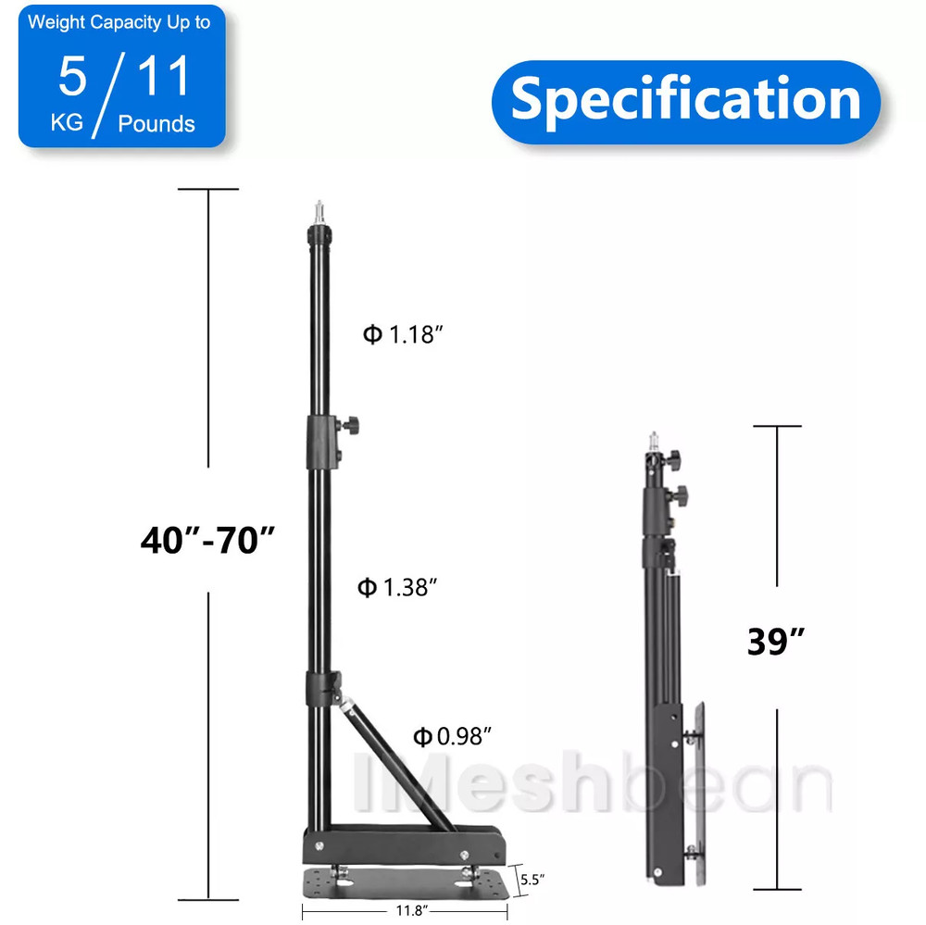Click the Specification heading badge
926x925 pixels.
click(x=685, y=99)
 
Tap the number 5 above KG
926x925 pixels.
click(x=72, y=77)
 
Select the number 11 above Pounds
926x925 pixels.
click(x=164, y=77)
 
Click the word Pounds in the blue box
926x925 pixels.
click(x=156, y=124)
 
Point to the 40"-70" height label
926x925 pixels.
click(x=208, y=539)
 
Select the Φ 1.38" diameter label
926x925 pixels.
click(x=397, y=586)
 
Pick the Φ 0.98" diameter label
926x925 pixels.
click(x=451, y=736)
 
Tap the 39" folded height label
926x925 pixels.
click(x=776, y=641)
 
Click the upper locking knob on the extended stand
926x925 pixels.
click(x=350, y=426)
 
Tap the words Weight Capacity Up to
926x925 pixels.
click(x=119, y=23)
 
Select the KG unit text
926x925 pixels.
click(x=67, y=124)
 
